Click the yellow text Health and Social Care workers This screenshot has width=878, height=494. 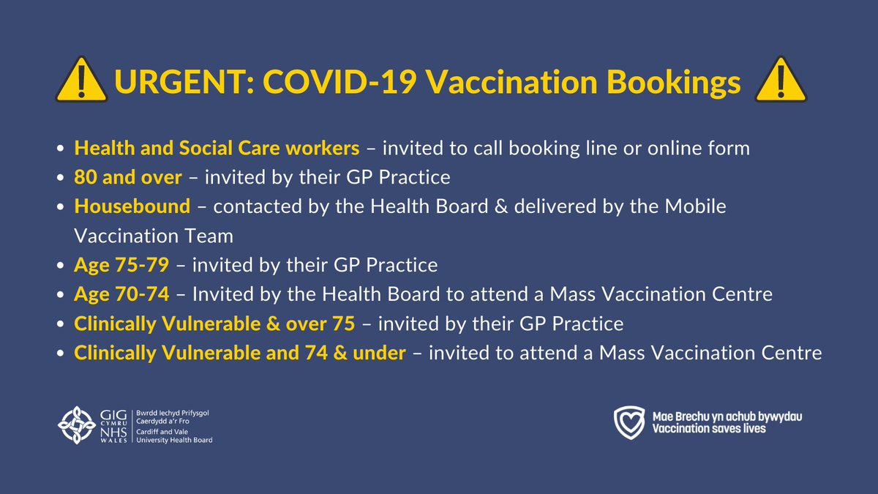[x=217, y=149]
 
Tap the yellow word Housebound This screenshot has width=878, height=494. [x=132, y=206]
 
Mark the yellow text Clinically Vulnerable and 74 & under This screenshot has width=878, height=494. [x=240, y=353]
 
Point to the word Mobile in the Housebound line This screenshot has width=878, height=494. [x=696, y=206]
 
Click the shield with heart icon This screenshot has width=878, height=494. [x=629, y=422]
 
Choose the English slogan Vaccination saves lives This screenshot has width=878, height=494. [x=709, y=428]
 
